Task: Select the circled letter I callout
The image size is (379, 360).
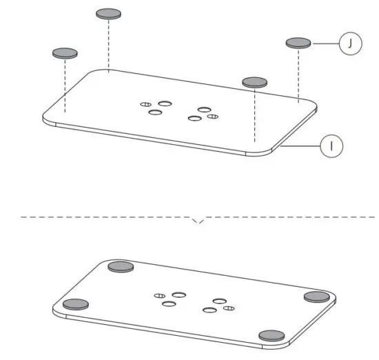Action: pyautogui.click(x=331, y=146)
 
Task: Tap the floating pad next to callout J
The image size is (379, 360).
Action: pyautogui.click(x=298, y=43)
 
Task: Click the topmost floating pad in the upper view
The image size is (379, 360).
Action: pyautogui.click(x=108, y=13)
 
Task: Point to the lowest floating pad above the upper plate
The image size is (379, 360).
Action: pyautogui.click(x=254, y=81)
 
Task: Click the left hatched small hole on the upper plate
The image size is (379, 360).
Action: pyautogui.click(x=145, y=104)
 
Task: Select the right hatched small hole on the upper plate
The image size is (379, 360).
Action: pyautogui.click(x=212, y=116)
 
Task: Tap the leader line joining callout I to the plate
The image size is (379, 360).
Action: pyautogui.click(x=300, y=146)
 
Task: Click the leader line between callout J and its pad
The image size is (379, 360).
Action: pyautogui.click(x=325, y=44)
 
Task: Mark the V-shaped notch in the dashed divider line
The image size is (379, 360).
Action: pyautogui.click(x=198, y=221)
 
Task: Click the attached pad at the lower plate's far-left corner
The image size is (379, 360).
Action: pyautogui.click(x=76, y=303)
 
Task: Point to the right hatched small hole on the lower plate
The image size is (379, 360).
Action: pyautogui.click(x=231, y=308)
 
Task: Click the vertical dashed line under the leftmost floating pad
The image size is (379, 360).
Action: pyautogui.click(x=65, y=83)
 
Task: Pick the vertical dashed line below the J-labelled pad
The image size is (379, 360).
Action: pyautogui.click(x=298, y=72)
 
